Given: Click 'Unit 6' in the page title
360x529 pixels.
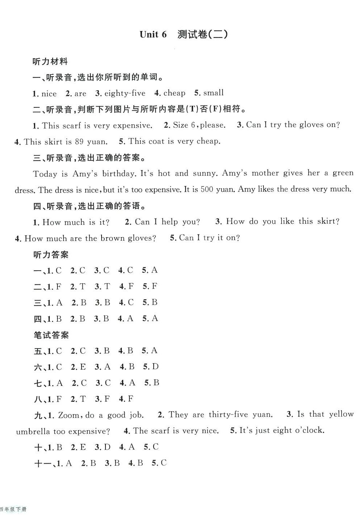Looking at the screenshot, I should click(x=153, y=34).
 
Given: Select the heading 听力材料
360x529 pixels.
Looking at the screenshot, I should click(x=50, y=61).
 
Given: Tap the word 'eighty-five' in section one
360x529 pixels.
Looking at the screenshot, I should click(x=125, y=93).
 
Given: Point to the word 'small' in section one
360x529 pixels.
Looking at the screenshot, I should click(x=213, y=93).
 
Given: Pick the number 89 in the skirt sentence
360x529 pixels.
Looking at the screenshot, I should click(x=79, y=141).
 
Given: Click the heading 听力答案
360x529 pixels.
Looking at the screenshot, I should click(x=51, y=255).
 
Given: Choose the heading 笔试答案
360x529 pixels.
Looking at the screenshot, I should click(x=51, y=335).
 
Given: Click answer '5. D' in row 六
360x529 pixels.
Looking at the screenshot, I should click(x=151, y=367).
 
